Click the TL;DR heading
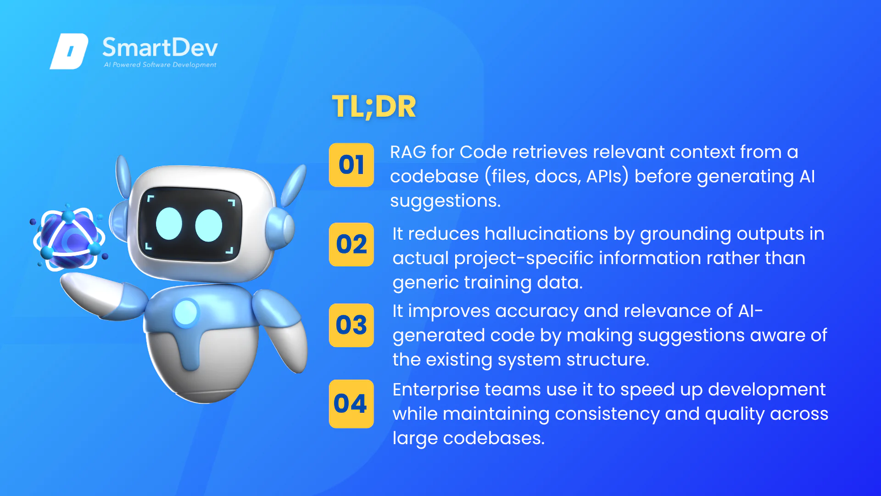(x=374, y=107)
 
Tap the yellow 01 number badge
(x=351, y=165)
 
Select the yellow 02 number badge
(x=351, y=244)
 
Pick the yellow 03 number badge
(x=351, y=325)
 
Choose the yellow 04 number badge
(x=351, y=404)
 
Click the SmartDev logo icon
(x=69, y=51)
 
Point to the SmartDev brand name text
(x=160, y=47)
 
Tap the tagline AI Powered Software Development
(x=160, y=65)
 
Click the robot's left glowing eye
(x=169, y=224)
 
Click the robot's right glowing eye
(x=209, y=225)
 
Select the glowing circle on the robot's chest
(x=186, y=312)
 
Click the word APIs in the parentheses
(x=604, y=176)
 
